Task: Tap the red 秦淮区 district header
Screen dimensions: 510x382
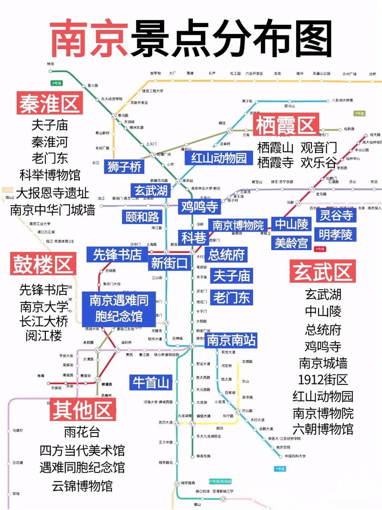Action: coord(50,103)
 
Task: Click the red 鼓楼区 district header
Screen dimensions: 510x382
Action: coord(42,264)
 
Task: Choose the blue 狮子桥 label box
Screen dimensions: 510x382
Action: coord(125,167)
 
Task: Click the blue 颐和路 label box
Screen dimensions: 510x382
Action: coord(142,217)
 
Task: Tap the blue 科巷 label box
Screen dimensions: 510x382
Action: coord(192,237)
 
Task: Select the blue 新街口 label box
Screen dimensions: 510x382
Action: coord(170,263)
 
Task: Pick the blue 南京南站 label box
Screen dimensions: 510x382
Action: coord(231,340)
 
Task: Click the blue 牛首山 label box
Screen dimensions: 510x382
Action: coord(151,382)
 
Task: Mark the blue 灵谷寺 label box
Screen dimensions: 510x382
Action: coord(337,215)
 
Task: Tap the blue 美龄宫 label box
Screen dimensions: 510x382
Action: coord(291,242)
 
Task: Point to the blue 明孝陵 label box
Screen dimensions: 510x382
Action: coord(336,234)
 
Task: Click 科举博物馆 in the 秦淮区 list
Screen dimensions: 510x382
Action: coord(50,175)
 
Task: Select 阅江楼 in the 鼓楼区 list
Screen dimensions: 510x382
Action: coord(44,335)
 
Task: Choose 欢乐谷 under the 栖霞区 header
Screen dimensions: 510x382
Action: coord(319,162)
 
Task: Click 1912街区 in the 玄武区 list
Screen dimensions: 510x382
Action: coord(323,380)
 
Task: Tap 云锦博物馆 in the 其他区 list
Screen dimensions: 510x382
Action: coord(83,486)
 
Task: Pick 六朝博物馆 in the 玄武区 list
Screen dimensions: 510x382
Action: coord(323,428)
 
